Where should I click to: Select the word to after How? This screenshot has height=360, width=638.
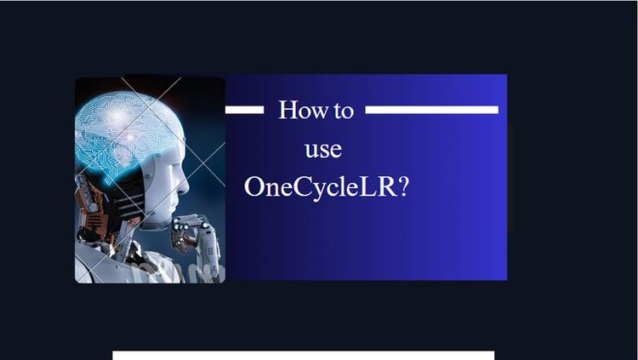pyautogui.click(x=343, y=111)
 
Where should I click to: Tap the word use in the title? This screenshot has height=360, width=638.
pyautogui.click(x=323, y=150)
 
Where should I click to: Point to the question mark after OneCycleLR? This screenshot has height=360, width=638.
pyautogui.click(x=402, y=187)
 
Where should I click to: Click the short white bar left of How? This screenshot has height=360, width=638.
pyautogui.click(x=244, y=110)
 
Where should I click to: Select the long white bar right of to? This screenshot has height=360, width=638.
pyautogui.click(x=431, y=110)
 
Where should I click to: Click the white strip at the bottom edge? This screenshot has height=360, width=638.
pyautogui.click(x=303, y=355)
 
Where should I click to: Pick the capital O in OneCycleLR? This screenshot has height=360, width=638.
pyautogui.click(x=254, y=187)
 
